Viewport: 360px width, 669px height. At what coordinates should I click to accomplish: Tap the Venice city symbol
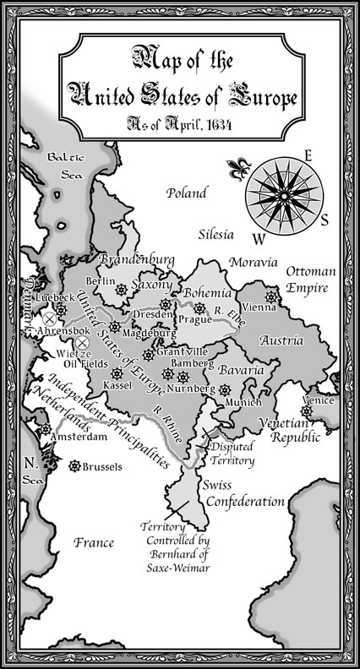pos(307,410)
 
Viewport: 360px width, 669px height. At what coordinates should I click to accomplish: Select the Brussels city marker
pos(74,465)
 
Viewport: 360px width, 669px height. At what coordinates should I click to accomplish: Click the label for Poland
pos(187,193)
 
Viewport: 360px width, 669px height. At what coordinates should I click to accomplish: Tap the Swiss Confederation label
pos(243,494)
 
